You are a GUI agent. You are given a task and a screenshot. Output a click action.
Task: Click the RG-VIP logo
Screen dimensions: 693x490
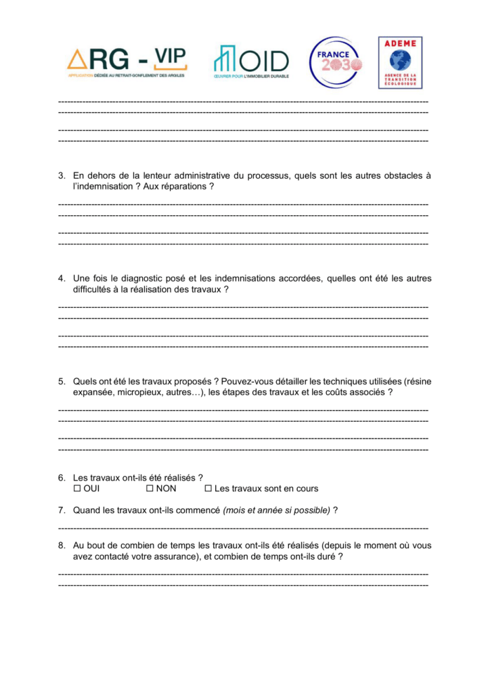[x=127, y=62]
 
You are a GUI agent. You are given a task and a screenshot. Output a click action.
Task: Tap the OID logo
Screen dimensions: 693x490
[x=251, y=62]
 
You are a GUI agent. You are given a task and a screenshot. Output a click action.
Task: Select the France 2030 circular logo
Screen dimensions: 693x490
[x=335, y=62]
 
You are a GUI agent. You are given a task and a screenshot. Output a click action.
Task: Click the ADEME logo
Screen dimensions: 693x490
[x=399, y=62]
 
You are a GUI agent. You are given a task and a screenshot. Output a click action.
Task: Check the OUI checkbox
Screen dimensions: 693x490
[x=77, y=488]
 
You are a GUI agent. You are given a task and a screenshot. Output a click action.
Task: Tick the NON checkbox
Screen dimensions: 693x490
[x=150, y=488]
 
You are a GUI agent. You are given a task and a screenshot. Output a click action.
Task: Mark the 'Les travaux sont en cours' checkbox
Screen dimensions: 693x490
[x=208, y=488]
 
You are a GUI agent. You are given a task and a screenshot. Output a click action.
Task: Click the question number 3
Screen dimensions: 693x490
[x=62, y=175]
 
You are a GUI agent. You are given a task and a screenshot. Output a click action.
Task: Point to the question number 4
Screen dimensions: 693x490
[x=62, y=278]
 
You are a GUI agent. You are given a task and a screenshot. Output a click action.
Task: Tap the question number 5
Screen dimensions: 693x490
[x=62, y=381]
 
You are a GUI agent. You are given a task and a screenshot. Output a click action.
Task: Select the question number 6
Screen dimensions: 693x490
[x=62, y=477]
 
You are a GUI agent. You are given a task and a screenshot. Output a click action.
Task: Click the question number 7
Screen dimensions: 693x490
[x=62, y=510]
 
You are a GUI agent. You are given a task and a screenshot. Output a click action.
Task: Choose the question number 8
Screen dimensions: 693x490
[x=62, y=545]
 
